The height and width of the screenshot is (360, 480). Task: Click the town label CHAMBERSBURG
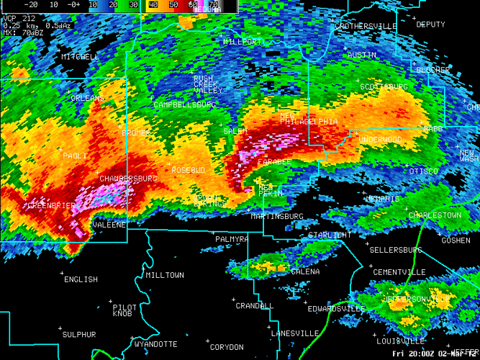click(128, 178)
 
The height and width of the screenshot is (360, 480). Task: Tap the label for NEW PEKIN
click(271, 191)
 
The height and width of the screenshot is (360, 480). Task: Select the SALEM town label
click(235, 131)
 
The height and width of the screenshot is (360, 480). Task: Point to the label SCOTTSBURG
click(384, 86)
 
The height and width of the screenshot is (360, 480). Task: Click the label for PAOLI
click(75, 156)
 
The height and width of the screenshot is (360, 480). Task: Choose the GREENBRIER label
click(51, 205)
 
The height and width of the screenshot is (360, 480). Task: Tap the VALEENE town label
click(109, 225)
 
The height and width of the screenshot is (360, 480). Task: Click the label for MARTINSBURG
click(277, 216)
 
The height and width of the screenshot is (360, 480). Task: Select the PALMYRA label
click(232, 238)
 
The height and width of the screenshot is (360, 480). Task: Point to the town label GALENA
click(305, 271)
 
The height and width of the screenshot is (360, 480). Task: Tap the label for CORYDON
click(227, 347)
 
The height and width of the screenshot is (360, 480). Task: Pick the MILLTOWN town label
click(165, 275)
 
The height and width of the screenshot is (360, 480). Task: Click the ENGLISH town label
click(81, 279)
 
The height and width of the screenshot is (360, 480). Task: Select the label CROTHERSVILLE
click(366, 26)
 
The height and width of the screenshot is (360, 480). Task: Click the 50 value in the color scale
click(173, 4)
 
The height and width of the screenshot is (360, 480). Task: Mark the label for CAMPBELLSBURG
click(184, 104)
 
